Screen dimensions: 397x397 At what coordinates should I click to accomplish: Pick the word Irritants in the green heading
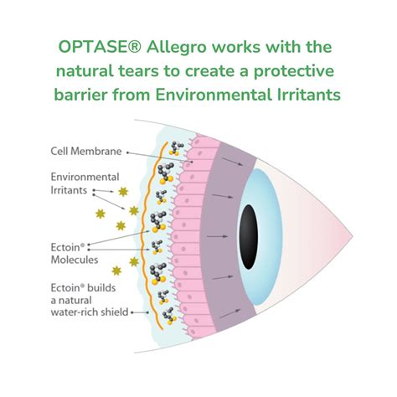pos(307,95)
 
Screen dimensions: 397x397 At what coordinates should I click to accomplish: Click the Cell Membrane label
pos(85,152)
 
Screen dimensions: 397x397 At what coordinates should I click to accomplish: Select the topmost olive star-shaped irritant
pos(122,192)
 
